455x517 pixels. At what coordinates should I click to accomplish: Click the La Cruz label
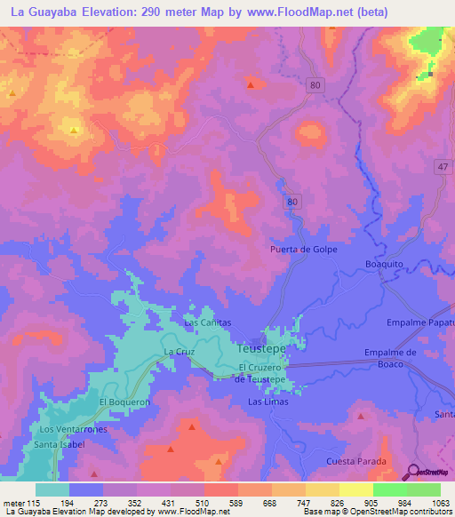pyautogui.click(x=179, y=353)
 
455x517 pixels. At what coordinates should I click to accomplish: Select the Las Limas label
pyautogui.click(x=267, y=402)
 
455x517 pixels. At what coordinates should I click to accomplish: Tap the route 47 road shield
pyautogui.click(x=442, y=167)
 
